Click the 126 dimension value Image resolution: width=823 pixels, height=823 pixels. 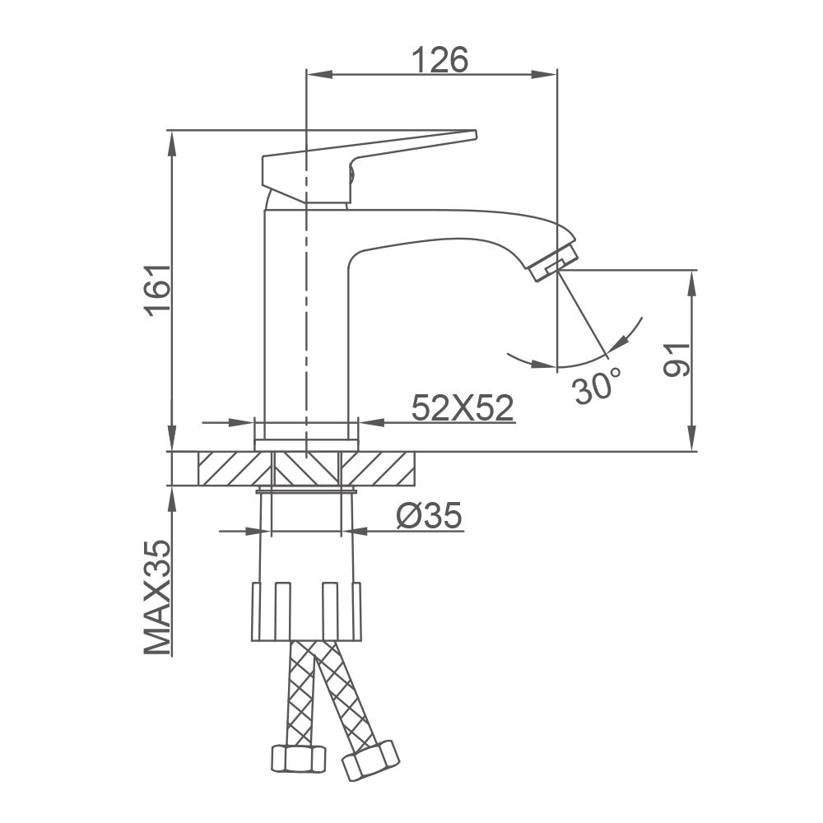pos(439,59)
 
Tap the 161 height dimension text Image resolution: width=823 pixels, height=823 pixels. pos(157,291)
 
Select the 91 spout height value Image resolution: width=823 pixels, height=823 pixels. pos(676,360)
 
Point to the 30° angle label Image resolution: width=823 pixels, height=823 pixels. pos(596,386)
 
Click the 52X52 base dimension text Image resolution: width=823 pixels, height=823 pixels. pos(462,408)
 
